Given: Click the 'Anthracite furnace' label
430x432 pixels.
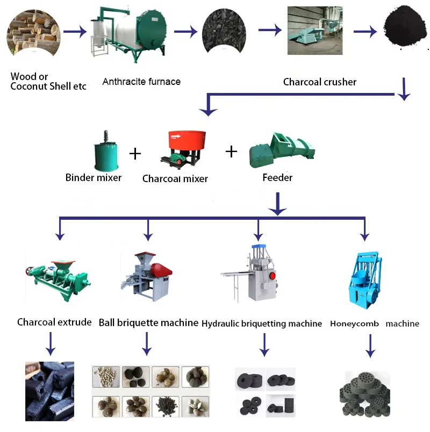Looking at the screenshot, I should tap(141, 82).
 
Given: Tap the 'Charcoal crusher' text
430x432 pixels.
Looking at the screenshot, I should tap(320, 82).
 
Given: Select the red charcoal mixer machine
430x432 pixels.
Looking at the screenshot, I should tap(178, 147).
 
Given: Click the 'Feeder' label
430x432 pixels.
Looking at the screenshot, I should tap(277, 178).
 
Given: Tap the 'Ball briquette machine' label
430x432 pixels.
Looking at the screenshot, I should tap(149, 323).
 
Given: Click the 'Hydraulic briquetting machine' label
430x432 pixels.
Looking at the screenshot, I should tap(262, 323).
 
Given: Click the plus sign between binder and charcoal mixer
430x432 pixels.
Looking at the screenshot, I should tap(135, 154).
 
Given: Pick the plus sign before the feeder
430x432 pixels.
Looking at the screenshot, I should tap(231, 152).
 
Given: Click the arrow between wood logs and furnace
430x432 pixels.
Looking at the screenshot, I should tap(75, 32).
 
